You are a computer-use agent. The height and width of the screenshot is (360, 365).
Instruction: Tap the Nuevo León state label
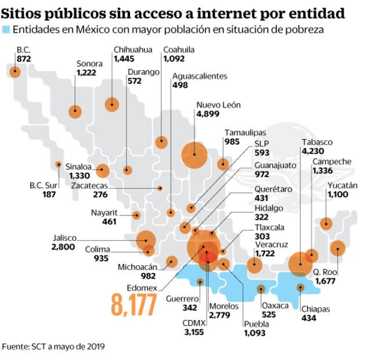(x=218, y=105)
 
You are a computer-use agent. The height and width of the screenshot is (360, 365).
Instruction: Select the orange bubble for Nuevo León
(x=194, y=154)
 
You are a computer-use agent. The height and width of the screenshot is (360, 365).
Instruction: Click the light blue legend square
(x=6, y=29)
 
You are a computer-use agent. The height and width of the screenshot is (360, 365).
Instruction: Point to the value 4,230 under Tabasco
(x=314, y=152)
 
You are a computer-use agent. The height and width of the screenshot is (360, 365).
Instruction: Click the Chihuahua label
(x=133, y=50)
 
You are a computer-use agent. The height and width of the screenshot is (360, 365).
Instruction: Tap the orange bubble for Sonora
(x=75, y=111)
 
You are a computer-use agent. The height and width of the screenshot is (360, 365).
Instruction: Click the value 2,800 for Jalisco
(x=63, y=247)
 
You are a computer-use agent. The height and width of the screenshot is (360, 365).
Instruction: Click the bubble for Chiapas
(x=300, y=287)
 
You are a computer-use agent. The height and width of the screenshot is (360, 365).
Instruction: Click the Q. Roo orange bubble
(x=338, y=249)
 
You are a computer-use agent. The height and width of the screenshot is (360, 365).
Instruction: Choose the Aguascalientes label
(x=200, y=76)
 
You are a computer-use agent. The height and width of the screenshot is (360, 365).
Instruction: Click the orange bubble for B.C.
(x=15, y=72)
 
